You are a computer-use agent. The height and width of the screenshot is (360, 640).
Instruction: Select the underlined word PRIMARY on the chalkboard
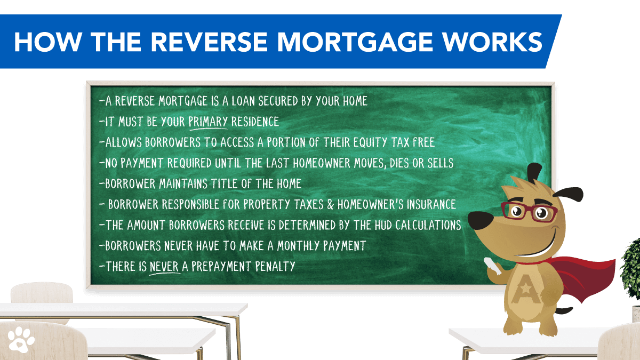pos(208,121)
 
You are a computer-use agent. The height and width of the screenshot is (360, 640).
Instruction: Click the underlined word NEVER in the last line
pos(164,265)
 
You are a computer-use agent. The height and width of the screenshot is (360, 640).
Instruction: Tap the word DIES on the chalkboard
pos(397,163)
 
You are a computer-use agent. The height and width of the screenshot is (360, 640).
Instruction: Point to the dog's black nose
pos(478,219)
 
